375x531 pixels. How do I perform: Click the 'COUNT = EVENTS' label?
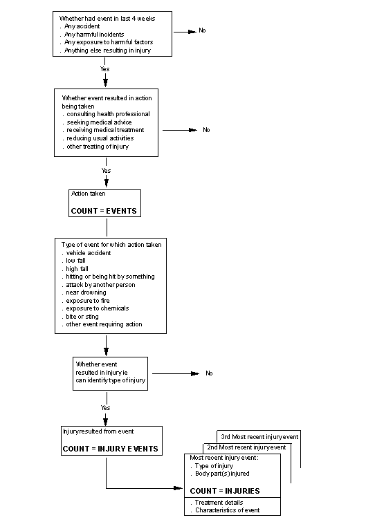104,209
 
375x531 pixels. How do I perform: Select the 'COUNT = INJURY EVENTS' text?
110,449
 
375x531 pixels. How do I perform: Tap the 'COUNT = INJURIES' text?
225,491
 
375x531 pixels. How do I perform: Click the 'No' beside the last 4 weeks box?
202,30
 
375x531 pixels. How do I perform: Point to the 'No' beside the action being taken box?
206,130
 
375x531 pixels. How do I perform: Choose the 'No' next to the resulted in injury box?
209,373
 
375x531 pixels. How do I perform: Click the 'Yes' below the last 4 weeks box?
105,70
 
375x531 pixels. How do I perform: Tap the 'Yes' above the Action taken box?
106,170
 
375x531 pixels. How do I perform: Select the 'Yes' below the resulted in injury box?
105,408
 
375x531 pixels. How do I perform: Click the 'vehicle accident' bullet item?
88,253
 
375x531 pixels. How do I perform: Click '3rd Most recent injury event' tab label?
259,437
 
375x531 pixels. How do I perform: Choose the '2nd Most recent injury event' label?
246,447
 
